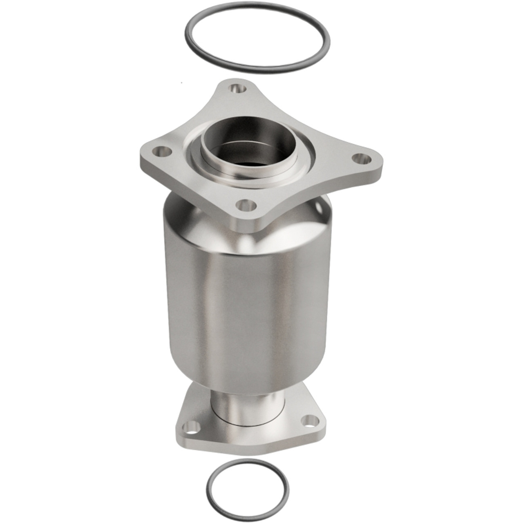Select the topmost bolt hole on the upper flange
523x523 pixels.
(235, 87)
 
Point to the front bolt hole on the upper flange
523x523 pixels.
(244, 203)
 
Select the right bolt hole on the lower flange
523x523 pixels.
(311, 418)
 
